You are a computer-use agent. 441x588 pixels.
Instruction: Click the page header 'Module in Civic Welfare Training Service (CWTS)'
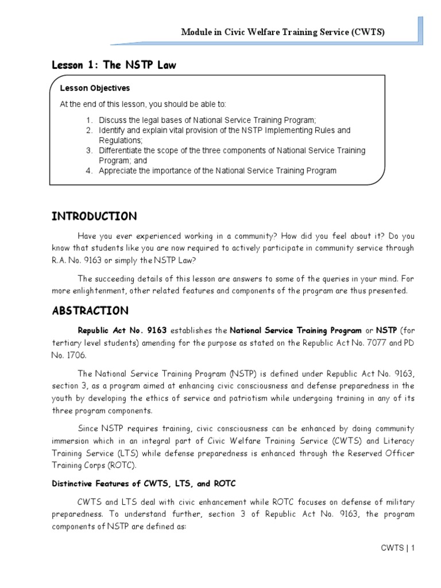(283, 33)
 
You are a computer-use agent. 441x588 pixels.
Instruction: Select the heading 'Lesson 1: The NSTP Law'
(114, 65)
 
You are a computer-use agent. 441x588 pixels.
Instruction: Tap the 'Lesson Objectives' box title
(95, 88)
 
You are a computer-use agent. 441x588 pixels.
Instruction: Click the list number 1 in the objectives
(89, 120)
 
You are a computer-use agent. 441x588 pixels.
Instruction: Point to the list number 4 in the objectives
(89, 171)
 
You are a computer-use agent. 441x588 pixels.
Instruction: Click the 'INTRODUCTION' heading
(94, 216)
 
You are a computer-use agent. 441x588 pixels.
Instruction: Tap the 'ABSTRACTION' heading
(90, 311)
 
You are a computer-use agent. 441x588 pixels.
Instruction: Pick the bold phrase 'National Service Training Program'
(296, 331)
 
